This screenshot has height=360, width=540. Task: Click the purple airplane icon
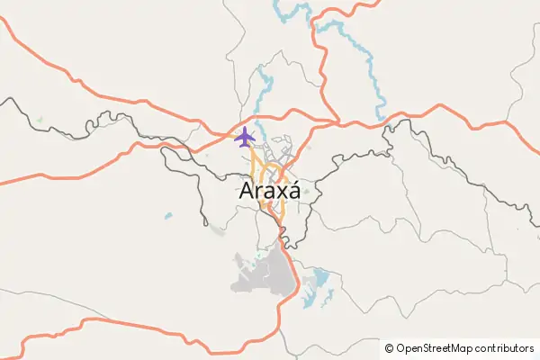coord(244,138)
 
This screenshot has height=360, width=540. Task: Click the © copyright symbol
coord(390,348)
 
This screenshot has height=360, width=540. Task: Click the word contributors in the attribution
coord(503,348)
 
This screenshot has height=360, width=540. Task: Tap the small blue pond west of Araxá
coord(167,216)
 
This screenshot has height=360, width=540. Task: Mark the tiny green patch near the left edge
coord(40,119)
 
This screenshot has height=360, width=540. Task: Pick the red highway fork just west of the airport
coord(220,138)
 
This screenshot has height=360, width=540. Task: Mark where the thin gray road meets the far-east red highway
coord(509,121)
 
